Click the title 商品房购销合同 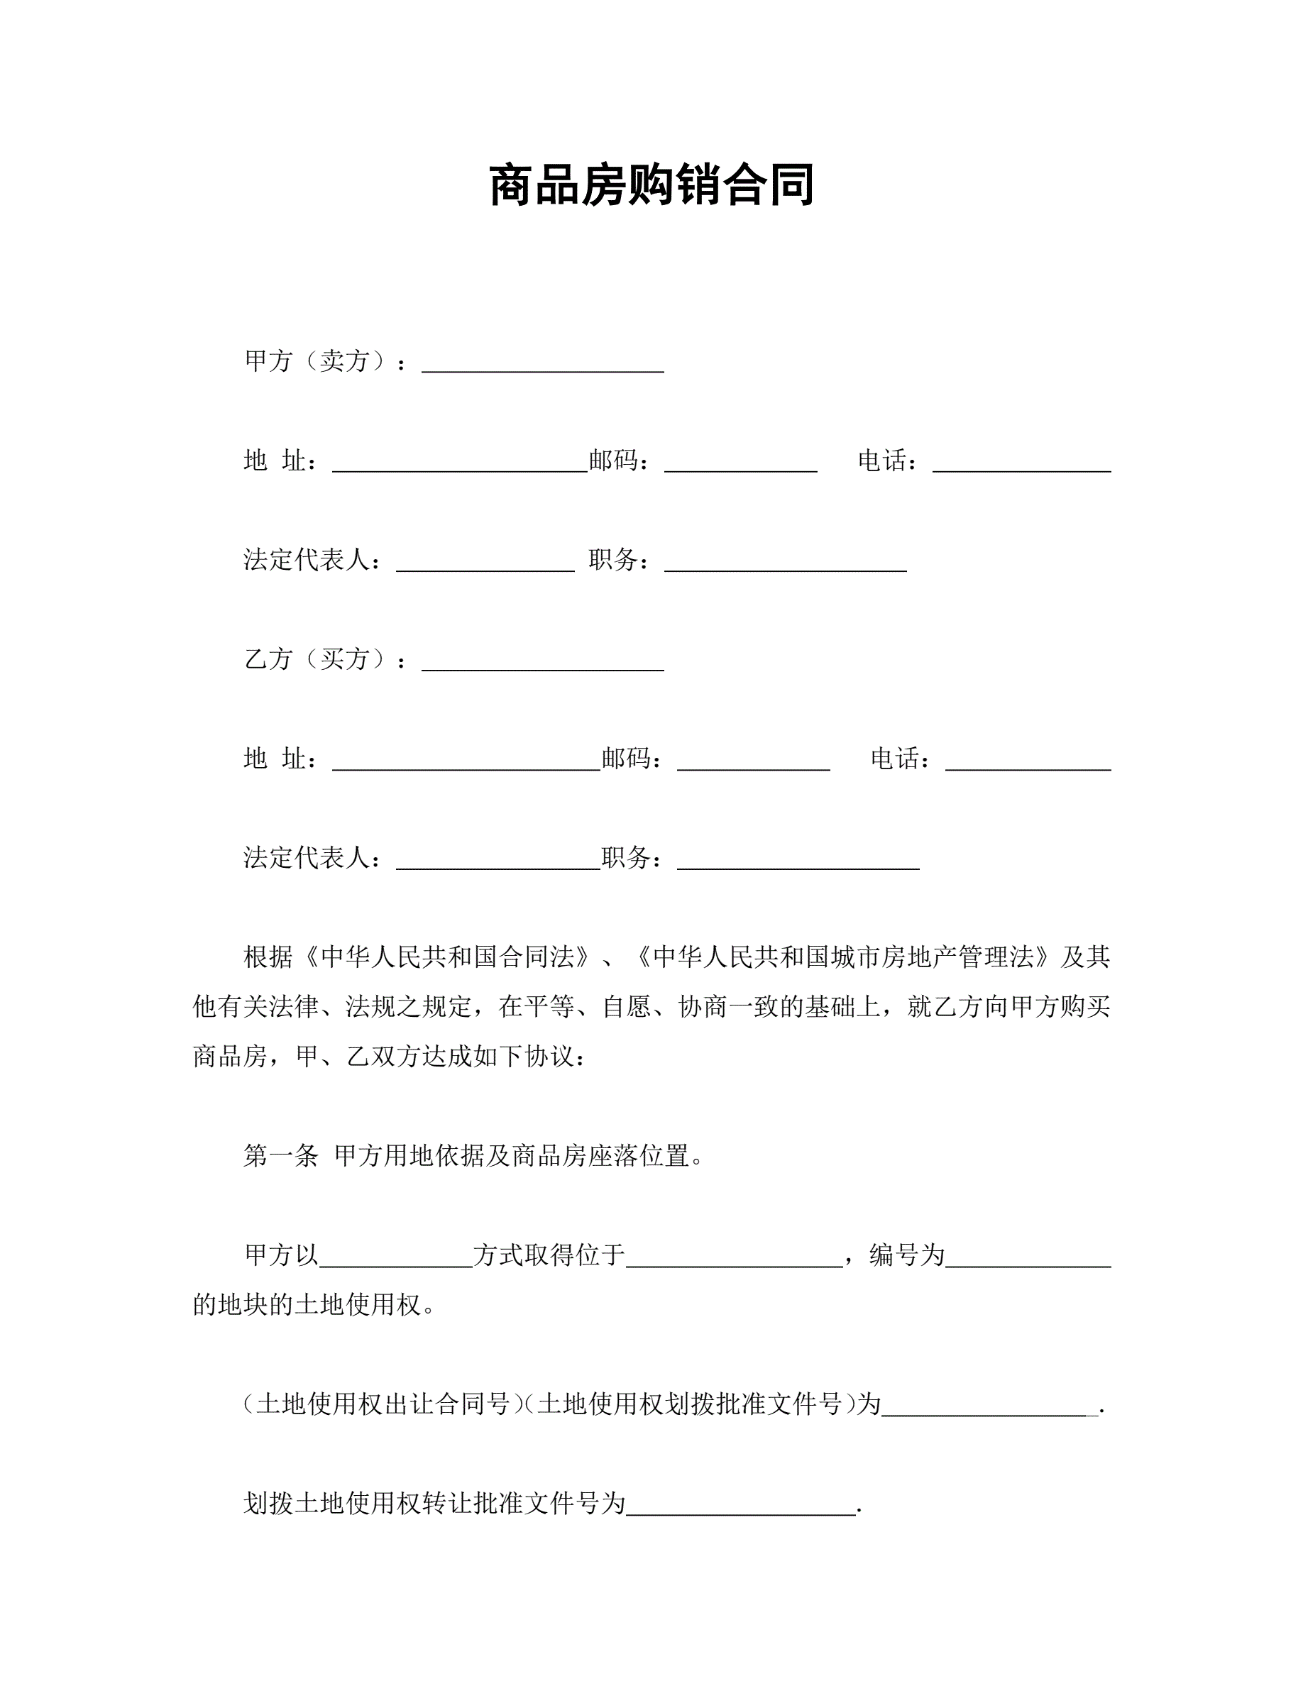tap(651, 185)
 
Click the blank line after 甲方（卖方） tap(542, 364)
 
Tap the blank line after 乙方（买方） tap(542, 662)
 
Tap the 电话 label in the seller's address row tap(888, 461)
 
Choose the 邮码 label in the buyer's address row tap(632, 759)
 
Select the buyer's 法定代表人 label tap(312, 858)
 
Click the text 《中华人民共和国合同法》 tap(448, 957)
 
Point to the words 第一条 tap(280, 1156)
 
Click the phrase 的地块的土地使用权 tap(307, 1305)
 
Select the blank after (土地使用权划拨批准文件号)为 tap(989, 1407)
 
